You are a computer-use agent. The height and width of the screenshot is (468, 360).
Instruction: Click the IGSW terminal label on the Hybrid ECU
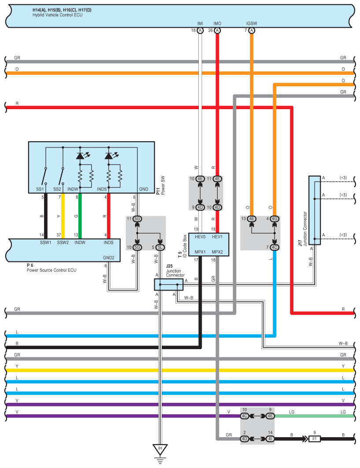click(x=252, y=23)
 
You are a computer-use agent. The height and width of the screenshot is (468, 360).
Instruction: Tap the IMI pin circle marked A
click(x=200, y=30)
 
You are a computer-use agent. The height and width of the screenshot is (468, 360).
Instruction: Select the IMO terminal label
click(x=217, y=23)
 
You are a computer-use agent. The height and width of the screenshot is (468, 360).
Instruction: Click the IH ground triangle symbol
click(x=160, y=449)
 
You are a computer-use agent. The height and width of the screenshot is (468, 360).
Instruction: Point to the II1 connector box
click(x=314, y=439)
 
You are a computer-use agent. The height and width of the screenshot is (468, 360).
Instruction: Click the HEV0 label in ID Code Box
click(x=200, y=237)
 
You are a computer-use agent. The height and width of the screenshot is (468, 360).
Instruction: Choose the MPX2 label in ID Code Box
click(x=217, y=252)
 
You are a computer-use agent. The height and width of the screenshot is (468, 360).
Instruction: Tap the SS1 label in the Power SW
click(x=40, y=189)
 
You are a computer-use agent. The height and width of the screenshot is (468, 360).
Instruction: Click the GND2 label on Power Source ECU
click(x=109, y=258)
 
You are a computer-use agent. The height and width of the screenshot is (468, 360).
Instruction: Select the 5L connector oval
click(x=160, y=247)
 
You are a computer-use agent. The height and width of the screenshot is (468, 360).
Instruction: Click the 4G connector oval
click(x=274, y=219)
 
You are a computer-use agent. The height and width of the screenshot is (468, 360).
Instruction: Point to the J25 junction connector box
click(x=169, y=284)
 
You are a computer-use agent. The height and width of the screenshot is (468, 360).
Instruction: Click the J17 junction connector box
click(x=314, y=210)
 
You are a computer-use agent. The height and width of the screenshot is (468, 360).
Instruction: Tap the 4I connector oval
click(x=270, y=439)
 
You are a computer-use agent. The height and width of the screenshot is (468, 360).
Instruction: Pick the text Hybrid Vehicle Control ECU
click(x=57, y=15)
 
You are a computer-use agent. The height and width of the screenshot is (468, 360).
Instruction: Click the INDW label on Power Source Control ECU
click(x=80, y=242)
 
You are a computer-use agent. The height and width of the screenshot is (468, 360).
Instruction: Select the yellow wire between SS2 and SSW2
click(x=63, y=216)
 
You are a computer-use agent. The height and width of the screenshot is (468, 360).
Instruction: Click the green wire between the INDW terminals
click(x=80, y=216)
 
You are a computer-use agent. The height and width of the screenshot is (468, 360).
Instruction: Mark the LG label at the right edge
click(x=343, y=412)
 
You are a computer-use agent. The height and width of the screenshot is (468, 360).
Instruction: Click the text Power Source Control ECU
click(x=52, y=270)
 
